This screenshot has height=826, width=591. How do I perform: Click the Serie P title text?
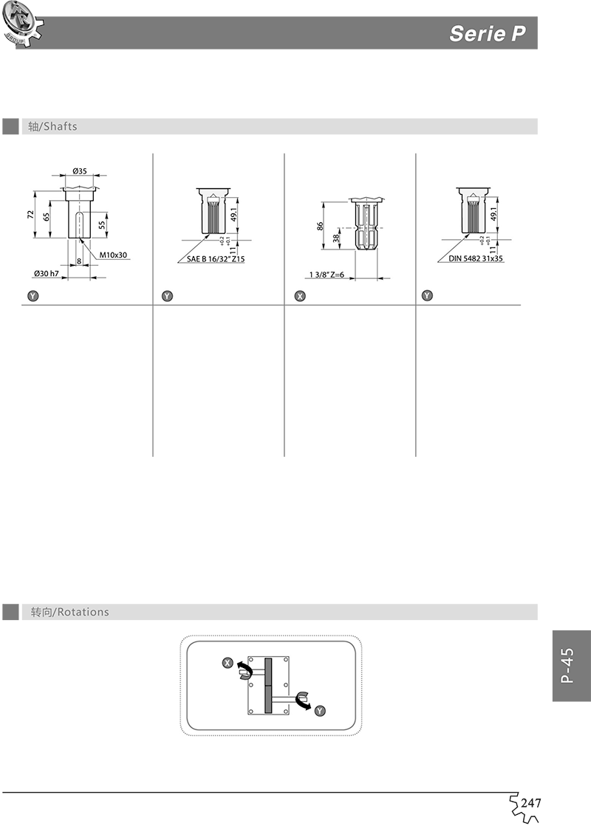(487, 34)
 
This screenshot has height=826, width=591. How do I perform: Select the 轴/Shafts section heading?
(52, 126)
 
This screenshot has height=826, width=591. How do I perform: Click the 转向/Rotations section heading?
(69, 612)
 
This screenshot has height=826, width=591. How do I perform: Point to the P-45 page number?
(567, 666)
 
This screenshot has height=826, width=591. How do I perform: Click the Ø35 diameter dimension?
(80, 171)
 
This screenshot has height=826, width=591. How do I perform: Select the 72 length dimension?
(32, 214)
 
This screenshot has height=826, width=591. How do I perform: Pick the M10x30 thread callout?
(114, 255)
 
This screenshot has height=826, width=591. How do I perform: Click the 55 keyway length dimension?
(102, 223)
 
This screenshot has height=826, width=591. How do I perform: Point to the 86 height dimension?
(321, 226)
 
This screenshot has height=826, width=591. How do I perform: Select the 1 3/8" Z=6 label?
(327, 275)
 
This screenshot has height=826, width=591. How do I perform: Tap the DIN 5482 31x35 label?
(475, 259)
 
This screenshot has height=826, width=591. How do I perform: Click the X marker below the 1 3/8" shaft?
(299, 296)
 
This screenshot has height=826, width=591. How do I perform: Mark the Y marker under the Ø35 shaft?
(32, 296)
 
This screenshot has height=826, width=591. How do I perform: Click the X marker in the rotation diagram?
(228, 663)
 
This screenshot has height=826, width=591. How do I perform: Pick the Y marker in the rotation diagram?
(319, 711)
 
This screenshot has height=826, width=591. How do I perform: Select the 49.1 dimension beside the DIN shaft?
(493, 215)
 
